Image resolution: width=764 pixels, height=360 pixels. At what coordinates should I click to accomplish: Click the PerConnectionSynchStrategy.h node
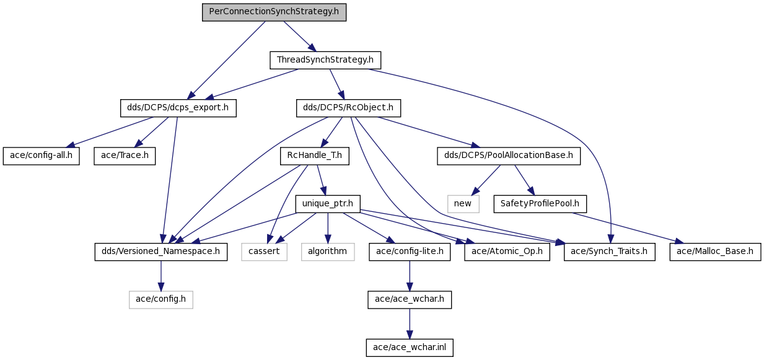tap(274, 12)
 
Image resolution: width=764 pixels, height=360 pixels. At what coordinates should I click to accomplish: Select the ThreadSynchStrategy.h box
tap(325, 60)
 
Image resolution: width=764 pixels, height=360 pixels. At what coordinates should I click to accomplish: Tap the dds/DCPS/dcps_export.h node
tap(178, 108)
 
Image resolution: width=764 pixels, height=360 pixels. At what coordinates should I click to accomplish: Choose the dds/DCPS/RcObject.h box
tap(348, 108)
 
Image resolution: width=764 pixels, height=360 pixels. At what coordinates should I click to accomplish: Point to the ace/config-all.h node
tap(42, 156)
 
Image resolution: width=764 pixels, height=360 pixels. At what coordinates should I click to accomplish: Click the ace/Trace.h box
tap(125, 156)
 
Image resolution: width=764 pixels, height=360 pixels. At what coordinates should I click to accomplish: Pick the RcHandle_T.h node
tap(315, 156)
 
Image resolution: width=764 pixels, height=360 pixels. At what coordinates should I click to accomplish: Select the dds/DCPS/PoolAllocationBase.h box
tap(509, 156)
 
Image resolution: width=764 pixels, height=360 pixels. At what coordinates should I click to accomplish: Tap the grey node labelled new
tap(463, 204)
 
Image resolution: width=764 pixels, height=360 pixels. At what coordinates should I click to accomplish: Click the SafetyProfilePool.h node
tap(540, 204)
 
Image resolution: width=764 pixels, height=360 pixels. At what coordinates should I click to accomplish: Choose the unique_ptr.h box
tap(327, 204)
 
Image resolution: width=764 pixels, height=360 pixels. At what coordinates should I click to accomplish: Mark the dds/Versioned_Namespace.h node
tap(161, 252)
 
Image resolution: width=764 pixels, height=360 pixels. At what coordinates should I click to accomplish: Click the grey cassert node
tap(264, 252)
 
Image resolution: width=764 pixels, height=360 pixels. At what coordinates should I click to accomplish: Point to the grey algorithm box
tap(328, 252)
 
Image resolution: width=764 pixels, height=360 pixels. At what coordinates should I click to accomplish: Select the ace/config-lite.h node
tap(410, 252)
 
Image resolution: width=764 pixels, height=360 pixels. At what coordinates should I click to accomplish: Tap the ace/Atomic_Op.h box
tap(507, 252)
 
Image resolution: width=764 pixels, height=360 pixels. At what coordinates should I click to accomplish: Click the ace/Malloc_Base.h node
tap(715, 252)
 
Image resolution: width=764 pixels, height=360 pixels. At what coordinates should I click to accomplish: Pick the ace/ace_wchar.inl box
tap(410, 348)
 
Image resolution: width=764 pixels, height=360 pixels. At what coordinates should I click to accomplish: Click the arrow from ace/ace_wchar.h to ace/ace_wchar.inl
tap(410, 324)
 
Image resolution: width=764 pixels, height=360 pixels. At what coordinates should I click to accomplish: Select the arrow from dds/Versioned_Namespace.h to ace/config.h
tap(161, 276)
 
